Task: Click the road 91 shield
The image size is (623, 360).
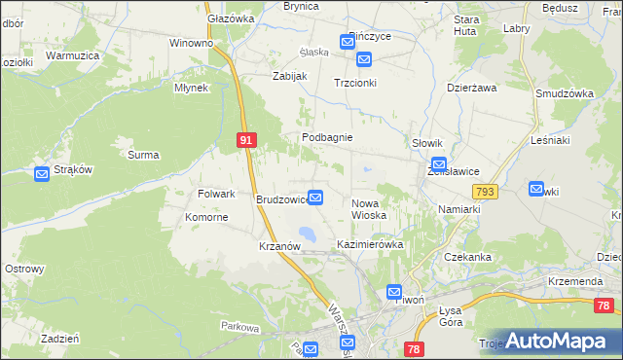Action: click(246, 141)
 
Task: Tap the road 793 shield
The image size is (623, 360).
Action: click(487, 193)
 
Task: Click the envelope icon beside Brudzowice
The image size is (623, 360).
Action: click(315, 197)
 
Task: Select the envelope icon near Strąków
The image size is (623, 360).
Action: click(42, 174)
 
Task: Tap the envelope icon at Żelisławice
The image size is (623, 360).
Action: click(439, 166)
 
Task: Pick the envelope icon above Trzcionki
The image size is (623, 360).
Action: click(364, 60)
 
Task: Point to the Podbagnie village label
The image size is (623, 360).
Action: click(326, 138)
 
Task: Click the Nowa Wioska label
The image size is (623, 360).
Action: click(368, 208)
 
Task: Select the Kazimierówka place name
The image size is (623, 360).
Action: click(369, 244)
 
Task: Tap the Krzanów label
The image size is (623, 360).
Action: click(279, 246)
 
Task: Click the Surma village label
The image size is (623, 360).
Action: click(143, 154)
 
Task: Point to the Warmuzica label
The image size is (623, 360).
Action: click(73, 55)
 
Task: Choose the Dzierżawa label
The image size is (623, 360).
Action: click(471, 87)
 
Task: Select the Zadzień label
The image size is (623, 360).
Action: click(59, 339)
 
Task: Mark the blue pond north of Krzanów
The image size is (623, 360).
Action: click(307, 234)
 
